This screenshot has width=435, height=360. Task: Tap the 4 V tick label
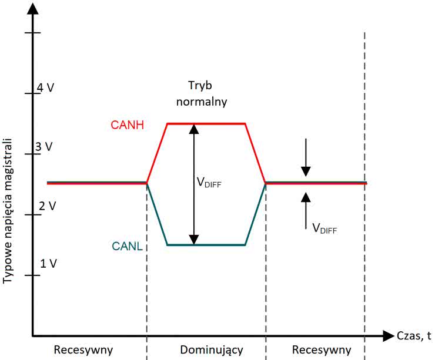coord(46,88)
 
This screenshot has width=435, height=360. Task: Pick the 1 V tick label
coord(48,263)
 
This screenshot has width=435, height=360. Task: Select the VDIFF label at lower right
coord(325,228)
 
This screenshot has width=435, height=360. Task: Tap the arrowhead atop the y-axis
coord(32,8)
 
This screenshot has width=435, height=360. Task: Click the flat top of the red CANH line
coord(206,123)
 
